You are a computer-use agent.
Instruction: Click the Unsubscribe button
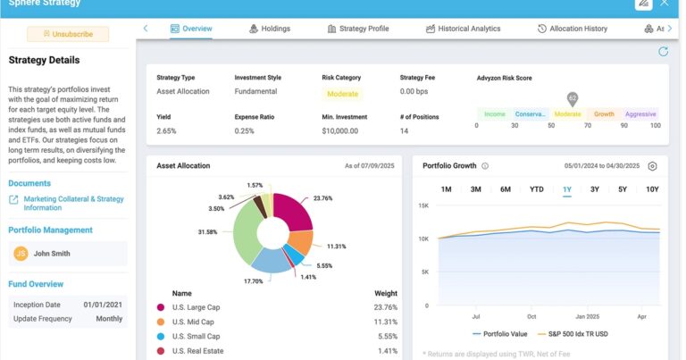coord(68,34)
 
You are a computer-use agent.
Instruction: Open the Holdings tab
coord(269,29)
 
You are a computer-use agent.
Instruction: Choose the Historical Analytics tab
coord(463,29)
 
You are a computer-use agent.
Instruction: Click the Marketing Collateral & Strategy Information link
coord(73,204)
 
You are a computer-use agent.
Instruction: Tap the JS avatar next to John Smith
coord(21,254)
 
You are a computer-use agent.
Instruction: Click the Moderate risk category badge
coord(342,94)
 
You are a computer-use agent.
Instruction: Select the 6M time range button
coord(506,189)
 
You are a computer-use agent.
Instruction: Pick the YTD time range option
coord(536,189)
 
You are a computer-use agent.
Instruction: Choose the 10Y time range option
coord(652,189)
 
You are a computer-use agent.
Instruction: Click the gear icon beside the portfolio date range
coord(652,166)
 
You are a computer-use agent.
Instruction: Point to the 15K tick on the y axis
coord(424,206)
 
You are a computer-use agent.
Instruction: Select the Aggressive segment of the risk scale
coord(640,114)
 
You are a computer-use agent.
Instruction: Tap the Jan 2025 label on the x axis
coord(588,316)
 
